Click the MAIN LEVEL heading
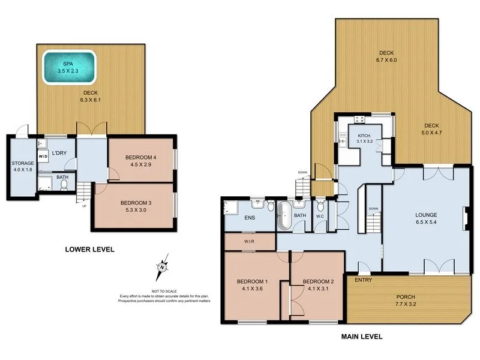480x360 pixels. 362,337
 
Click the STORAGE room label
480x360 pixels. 23,163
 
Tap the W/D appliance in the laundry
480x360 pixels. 43,157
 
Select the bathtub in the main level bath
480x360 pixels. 284,216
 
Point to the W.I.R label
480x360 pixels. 249,242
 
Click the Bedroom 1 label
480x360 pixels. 251,282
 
